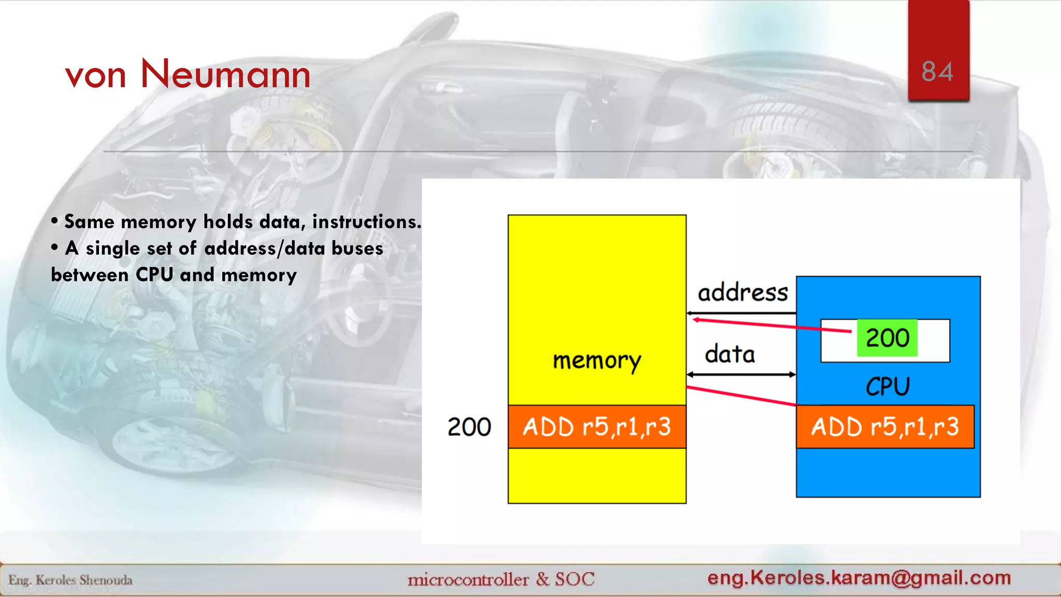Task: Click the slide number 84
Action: click(937, 72)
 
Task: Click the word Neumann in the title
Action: click(225, 74)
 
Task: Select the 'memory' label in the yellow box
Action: click(597, 360)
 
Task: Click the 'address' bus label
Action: click(742, 293)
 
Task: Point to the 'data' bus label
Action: click(730, 354)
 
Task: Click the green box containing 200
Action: click(887, 338)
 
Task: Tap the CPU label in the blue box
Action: click(887, 387)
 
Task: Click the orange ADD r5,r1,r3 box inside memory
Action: click(597, 427)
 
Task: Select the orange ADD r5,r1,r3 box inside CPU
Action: click(885, 427)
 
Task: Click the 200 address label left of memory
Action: click(469, 427)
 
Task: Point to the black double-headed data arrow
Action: click(741, 374)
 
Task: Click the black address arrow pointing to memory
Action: click(741, 313)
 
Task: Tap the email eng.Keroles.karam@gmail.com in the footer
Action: click(859, 577)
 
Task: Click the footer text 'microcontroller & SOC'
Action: click(500, 579)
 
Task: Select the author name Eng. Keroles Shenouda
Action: click(70, 580)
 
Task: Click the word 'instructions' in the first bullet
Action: click(366, 222)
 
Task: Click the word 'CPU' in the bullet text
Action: click(154, 275)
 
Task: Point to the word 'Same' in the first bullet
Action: click(89, 222)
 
